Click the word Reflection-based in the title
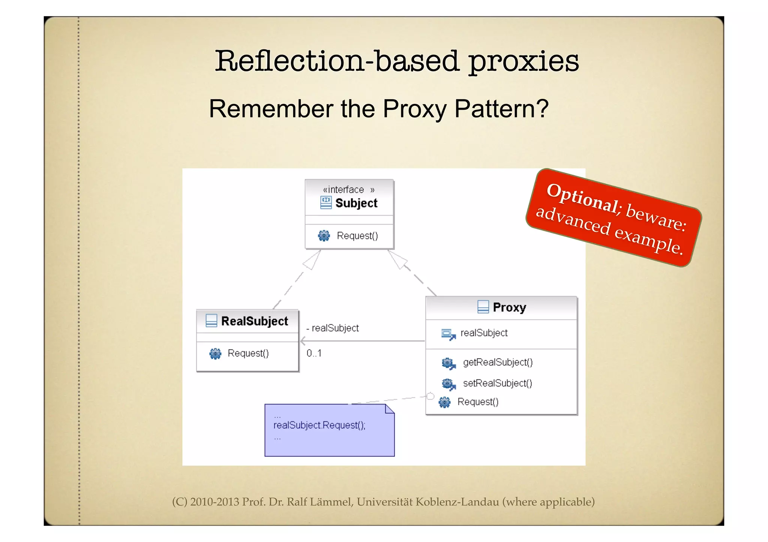(336, 61)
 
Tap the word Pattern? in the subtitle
(501, 109)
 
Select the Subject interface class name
(356, 203)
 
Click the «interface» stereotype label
(348, 190)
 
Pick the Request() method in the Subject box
(357, 236)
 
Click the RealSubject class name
(254, 321)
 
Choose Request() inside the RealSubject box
(248, 353)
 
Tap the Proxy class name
(509, 307)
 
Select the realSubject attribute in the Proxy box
(484, 333)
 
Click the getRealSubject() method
(498, 362)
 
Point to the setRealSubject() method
(497, 383)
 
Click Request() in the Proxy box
(478, 402)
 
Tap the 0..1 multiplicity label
(314, 353)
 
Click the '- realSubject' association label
(333, 328)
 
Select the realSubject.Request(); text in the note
(319, 425)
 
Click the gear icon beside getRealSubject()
(448, 363)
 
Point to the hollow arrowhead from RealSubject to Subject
(312, 261)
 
